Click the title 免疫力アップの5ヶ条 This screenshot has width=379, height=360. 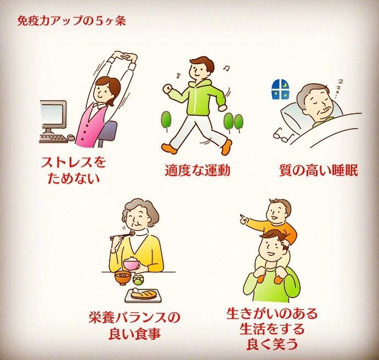71,21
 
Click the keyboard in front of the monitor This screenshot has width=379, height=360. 54,139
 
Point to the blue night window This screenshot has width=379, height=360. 280,89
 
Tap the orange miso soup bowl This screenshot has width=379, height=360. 123,278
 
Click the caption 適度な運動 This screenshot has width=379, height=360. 197,171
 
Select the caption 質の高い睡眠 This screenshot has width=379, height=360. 319,171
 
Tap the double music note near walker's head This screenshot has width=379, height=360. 227,68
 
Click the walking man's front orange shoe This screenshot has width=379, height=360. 169,148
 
